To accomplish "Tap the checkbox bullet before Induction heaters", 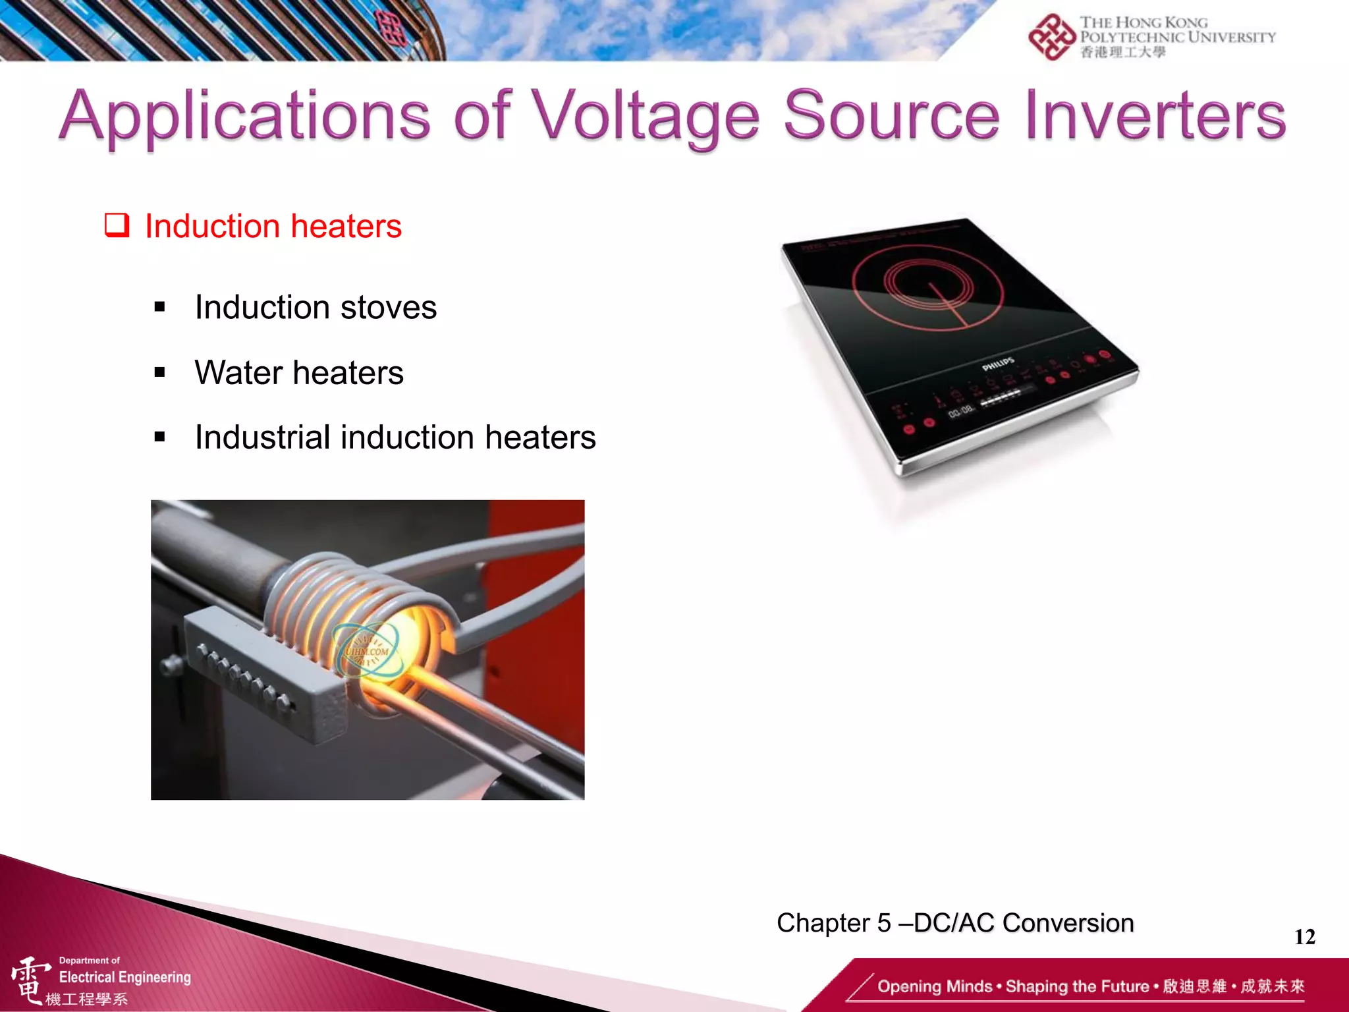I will coord(117,225).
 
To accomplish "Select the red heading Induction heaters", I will coord(273,227).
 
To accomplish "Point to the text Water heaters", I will coord(299,373).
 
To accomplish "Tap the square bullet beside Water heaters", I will coord(159,373).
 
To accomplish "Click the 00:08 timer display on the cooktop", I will coord(960,412).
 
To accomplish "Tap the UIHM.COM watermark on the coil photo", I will coord(367,652).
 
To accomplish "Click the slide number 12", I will coord(1304,937).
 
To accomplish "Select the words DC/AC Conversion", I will coord(1024,924).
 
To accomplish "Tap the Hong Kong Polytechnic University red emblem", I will coord(1051,38).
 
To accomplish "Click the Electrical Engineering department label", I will coord(124,977).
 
